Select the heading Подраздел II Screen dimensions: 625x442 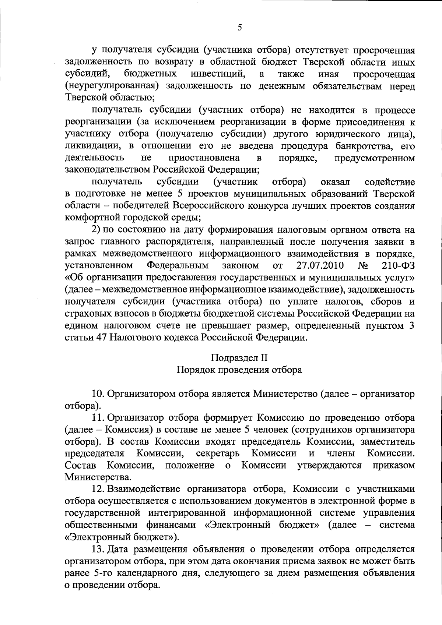239,357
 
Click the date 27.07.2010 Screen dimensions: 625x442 320,265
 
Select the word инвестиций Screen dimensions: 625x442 218,74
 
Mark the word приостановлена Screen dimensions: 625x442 204,158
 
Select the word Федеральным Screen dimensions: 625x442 178,265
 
